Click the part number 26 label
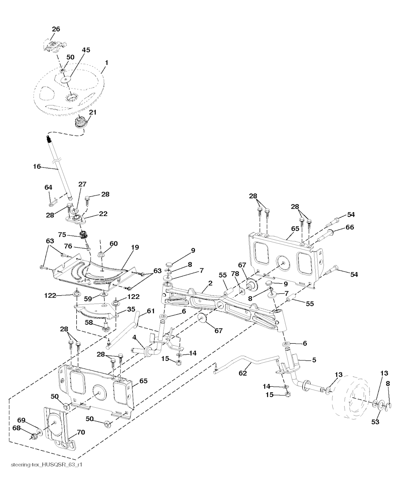(x=56, y=29)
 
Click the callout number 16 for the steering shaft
(x=37, y=167)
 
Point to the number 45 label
(x=86, y=50)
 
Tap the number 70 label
(x=81, y=432)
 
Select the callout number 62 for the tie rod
(x=242, y=373)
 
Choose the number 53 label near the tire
(x=375, y=422)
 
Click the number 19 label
(x=135, y=247)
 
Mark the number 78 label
(x=235, y=274)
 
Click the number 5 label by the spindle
(x=314, y=360)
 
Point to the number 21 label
(x=92, y=112)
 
